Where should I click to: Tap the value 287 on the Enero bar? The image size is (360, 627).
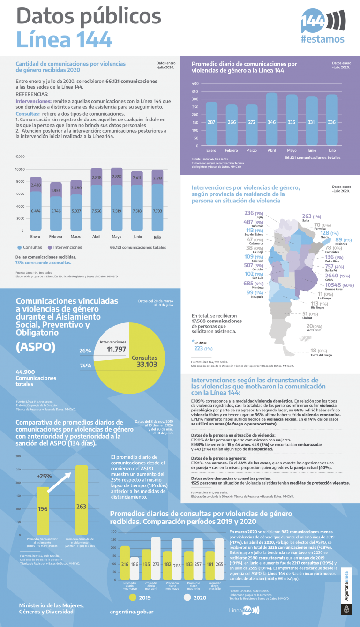[x=211, y=122]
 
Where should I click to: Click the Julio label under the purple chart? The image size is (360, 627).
[x=331, y=151]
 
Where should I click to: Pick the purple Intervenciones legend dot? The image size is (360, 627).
[x=49, y=247]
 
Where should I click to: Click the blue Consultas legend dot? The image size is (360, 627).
[x=19, y=247]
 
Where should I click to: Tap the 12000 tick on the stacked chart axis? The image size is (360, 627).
[x=19, y=157]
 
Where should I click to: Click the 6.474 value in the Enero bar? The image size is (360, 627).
[x=36, y=211]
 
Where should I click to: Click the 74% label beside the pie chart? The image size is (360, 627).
[x=85, y=366]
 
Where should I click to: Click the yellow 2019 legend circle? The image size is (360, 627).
[x=133, y=597]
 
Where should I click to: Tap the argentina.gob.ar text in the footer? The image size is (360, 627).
[x=132, y=612]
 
